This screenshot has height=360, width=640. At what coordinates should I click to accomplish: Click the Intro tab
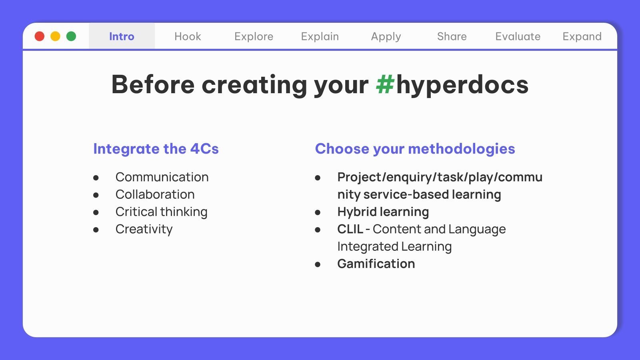(122, 36)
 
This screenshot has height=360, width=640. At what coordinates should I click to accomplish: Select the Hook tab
(188, 36)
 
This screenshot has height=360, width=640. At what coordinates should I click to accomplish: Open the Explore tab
(254, 36)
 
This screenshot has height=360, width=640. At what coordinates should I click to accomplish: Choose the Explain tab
(320, 36)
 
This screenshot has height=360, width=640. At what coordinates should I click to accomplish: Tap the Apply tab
(386, 37)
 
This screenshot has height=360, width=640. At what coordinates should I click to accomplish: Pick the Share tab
(452, 36)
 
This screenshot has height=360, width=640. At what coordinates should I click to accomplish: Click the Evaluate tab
(518, 36)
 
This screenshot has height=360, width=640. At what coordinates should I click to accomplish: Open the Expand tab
(582, 37)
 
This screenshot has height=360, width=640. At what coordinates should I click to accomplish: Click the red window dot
(40, 36)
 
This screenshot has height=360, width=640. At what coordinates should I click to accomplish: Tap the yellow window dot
(56, 36)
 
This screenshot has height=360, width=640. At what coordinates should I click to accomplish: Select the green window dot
(71, 36)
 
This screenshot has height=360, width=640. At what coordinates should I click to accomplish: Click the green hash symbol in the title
(385, 84)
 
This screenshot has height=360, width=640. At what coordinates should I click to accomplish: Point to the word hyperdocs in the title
(462, 86)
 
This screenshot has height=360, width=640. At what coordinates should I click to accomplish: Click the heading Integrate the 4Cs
(156, 149)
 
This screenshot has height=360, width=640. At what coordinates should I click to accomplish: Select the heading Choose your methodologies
(415, 149)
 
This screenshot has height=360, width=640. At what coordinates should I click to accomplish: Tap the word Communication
(162, 177)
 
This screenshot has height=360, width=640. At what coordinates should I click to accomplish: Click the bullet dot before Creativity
(96, 230)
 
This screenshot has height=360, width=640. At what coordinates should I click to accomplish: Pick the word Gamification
(376, 264)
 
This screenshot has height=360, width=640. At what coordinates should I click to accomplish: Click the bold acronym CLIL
(350, 229)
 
